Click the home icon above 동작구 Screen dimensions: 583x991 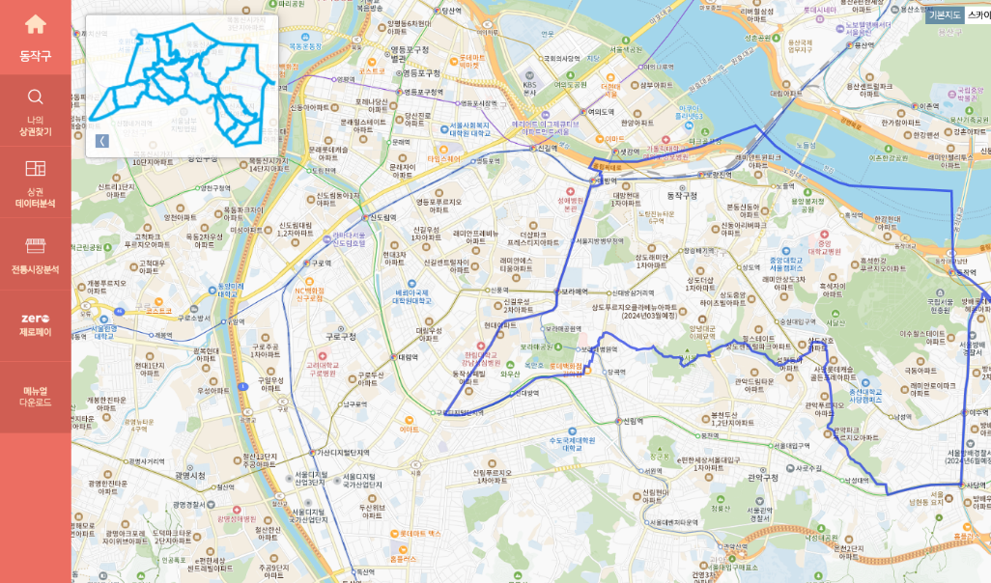[35, 25]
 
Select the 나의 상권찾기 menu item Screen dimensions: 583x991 [35, 111]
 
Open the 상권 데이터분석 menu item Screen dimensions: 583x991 [35, 182]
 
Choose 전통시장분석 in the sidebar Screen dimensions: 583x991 [35, 255]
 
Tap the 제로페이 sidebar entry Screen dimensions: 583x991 [35, 325]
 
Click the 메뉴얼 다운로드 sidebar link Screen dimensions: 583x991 [35, 396]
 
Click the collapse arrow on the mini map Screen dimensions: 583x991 [102, 141]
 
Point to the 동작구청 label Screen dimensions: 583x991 [681, 195]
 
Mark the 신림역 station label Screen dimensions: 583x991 [633, 421]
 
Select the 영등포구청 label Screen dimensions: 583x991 [420, 73]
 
